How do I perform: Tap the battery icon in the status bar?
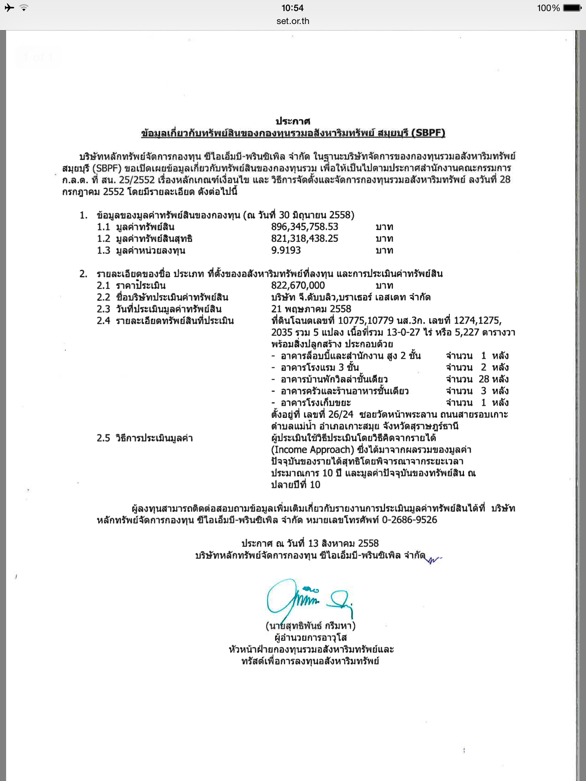coord(572,8)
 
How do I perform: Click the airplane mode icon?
coord(9,8)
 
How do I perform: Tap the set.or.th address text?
coord(293,21)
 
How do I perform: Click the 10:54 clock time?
coord(293,8)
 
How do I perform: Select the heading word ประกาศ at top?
coord(293,121)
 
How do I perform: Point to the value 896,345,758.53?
coord(304,227)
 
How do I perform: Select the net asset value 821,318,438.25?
coord(304,239)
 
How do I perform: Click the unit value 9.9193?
coord(286,251)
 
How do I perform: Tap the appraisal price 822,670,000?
coord(298,286)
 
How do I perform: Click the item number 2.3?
coord(103,309)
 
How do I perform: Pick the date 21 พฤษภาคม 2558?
coord(311,309)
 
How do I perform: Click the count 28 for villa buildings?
coord(484,379)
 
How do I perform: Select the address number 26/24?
coord(340,415)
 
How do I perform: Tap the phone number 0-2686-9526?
coord(409,520)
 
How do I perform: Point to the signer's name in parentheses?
coord(311,626)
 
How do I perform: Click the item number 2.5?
coord(103,438)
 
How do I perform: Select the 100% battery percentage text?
coord(548,8)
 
